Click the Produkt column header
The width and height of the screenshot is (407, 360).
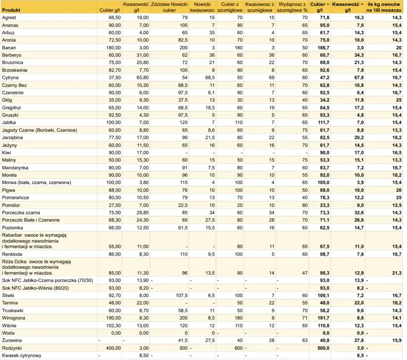click(12, 10)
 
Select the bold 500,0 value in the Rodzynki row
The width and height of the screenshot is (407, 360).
click(323, 348)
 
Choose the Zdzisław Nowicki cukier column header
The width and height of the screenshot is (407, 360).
click(169, 7)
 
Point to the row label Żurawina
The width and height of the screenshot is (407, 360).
click(12, 340)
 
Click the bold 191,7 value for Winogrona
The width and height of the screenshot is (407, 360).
click(323, 318)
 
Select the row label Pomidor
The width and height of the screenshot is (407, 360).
click(11, 205)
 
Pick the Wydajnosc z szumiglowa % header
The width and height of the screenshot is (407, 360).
click(292, 7)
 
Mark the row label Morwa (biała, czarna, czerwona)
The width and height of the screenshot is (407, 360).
click(36, 182)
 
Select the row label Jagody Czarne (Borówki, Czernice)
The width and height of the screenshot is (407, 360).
click(39, 130)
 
